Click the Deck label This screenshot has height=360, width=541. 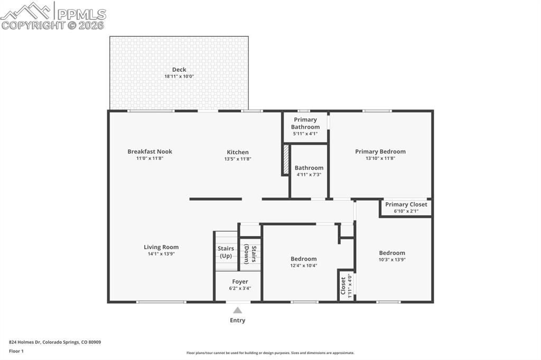179,70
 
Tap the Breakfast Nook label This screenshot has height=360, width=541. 150,151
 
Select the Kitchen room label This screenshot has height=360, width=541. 238,152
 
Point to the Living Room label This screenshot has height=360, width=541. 161,247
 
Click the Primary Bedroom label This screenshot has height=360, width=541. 380,151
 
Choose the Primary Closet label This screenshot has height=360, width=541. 406,204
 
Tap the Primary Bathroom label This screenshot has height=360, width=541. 305,124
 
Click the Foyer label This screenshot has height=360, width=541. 240,282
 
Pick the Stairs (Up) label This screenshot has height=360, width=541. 226,252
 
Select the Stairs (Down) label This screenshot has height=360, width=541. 250,254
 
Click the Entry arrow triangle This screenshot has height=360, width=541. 238,310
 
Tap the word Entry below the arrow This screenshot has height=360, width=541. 238,320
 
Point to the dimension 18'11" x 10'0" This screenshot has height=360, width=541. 179,77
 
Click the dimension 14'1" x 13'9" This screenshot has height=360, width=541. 161,254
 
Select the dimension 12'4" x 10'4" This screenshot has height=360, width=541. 304,266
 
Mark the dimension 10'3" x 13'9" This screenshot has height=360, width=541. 392,260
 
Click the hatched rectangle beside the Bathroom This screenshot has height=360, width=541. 286,160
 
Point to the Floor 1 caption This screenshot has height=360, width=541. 16,351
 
